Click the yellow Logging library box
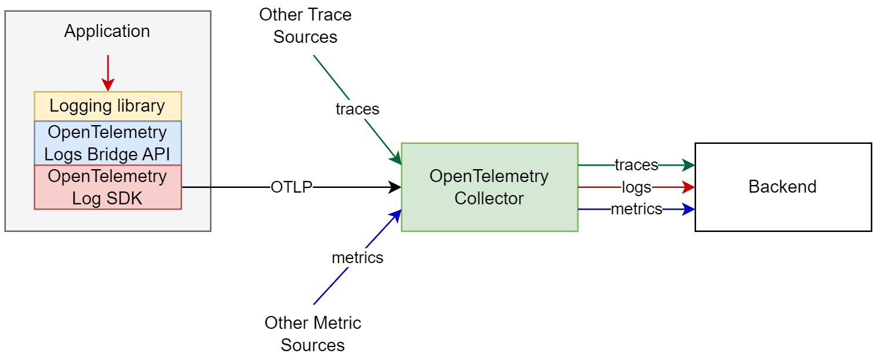(x=107, y=106)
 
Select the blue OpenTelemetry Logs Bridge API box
(x=107, y=143)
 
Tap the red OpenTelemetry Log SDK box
(x=107, y=187)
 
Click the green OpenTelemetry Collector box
(x=489, y=187)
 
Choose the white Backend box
(x=782, y=187)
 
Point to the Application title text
(x=107, y=31)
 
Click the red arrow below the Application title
(x=107, y=73)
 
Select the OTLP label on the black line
(x=291, y=187)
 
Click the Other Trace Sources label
(x=305, y=26)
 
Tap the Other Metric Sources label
(x=313, y=333)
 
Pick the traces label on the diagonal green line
(x=357, y=109)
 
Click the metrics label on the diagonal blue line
(x=357, y=257)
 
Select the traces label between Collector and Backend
(x=636, y=165)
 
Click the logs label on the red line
(x=636, y=187)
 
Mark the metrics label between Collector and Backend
(x=636, y=209)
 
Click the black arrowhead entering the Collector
(x=396, y=187)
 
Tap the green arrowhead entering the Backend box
(x=689, y=165)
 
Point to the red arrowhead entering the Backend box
(x=689, y=187)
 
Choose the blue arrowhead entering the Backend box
(x=689, y=209)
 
